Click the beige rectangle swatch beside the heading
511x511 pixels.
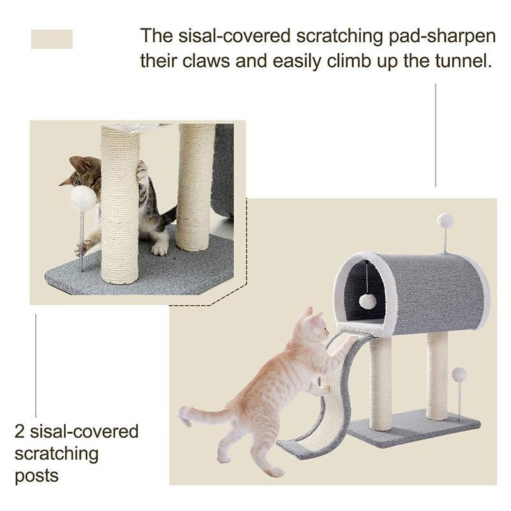pos(52,39)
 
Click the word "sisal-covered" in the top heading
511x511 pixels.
pos(234,36)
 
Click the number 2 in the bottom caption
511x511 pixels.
pos(20,432)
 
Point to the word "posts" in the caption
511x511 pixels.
pos(37,476)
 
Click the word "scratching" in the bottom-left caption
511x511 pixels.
pos(56,454)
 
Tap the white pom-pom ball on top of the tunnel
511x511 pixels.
pos(445,220)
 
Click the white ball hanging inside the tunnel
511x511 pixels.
pos(368,300)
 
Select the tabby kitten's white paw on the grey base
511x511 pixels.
pos(160,248)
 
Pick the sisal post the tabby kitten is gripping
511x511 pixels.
pos(120,204)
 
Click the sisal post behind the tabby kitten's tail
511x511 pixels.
pos(195,187)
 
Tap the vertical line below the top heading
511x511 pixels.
pos(436,135)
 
